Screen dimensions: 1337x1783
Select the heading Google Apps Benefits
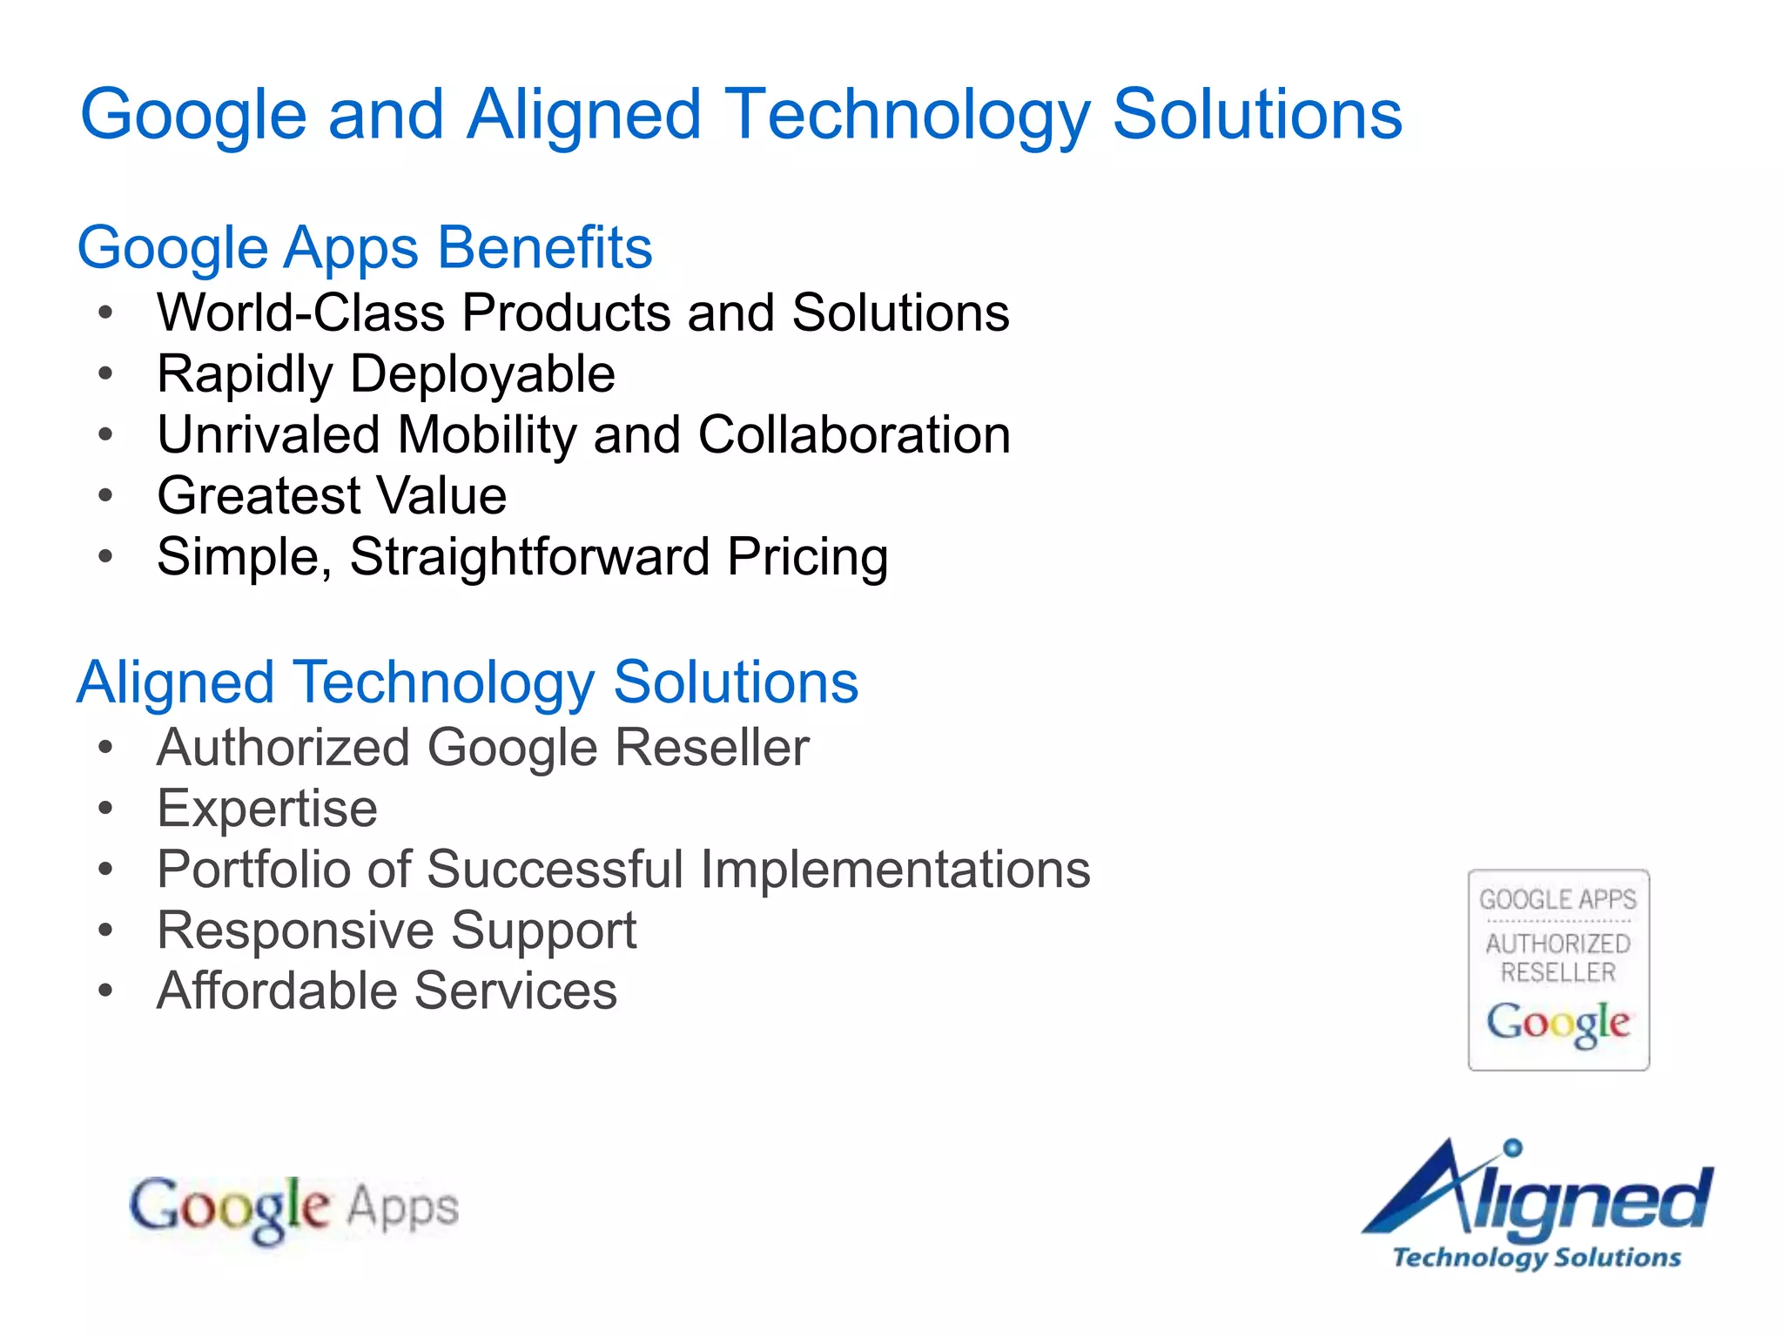[x=365, y=248]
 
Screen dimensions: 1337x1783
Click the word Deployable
[x=482, y=374]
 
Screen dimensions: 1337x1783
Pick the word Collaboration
[x=854, y=434]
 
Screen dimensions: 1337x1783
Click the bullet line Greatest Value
[x=332, y=495]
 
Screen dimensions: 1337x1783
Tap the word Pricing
[x=807, y=557]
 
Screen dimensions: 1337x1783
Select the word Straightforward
[x=529, y=557]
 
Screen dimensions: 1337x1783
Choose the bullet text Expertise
[x=267, y=809]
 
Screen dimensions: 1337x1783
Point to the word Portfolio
[x=253, y=869]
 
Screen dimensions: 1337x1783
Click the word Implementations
[x=895, y=869]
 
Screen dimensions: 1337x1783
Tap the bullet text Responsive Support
[x=396, y=930]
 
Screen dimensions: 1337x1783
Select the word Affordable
[x=277, y=991]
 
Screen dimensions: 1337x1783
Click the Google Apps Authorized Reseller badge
[x=1558, y=970]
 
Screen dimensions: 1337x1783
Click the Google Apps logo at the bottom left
[x=293, y=1207]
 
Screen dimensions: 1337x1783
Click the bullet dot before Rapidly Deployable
[x=106, y=374]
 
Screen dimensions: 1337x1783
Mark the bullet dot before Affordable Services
[x=106, y=991]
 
